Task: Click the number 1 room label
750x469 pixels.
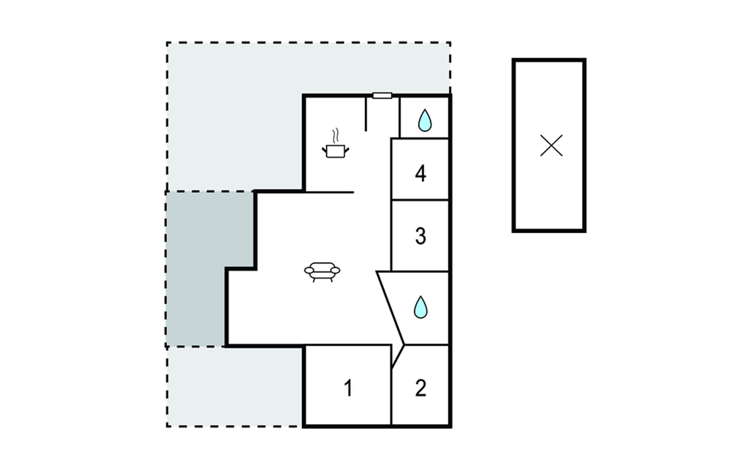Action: (348, 388)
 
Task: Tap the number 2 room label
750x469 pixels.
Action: (420, 388)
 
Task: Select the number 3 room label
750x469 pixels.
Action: (420, 236)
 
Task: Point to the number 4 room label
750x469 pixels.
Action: (420, 174)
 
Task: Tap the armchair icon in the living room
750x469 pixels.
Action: (322, 272)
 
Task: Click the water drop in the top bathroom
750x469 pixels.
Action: (425, 120)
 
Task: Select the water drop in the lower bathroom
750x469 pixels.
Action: (421, 307)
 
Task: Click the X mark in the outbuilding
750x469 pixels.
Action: (551, 145)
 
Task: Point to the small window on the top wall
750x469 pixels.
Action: (382, 96)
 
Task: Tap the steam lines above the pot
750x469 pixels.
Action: (335, 136)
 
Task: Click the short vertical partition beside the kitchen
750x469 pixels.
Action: (366, 114)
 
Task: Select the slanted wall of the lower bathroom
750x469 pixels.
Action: (390, 308)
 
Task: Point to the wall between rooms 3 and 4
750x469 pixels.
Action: (420, 200)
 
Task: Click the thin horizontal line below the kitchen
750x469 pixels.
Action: (329, 192)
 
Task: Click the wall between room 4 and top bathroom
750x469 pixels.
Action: (420, 138)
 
